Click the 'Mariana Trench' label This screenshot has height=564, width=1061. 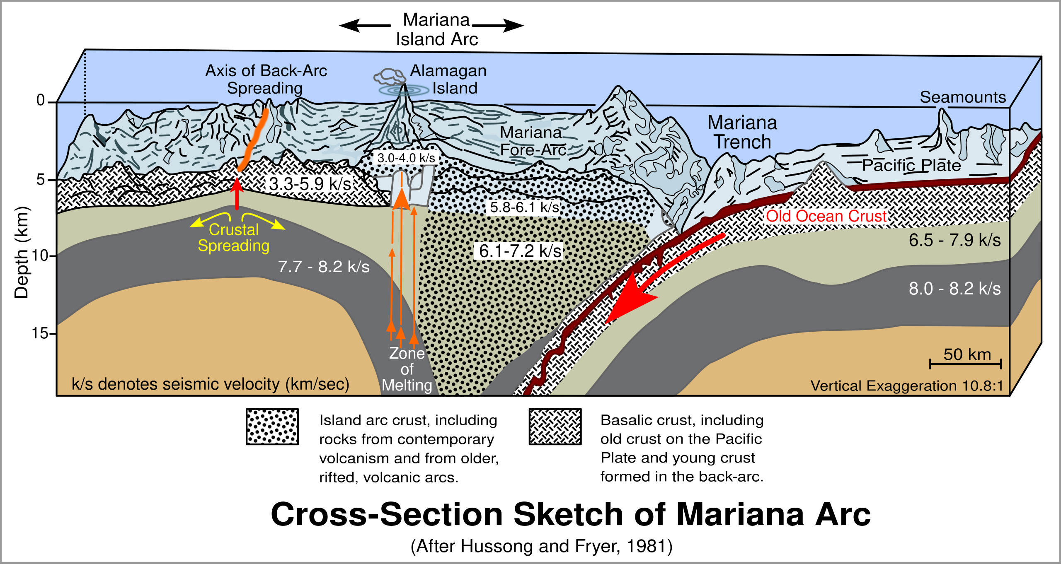coord(742,132)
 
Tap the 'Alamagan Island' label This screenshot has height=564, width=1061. coord(448,80)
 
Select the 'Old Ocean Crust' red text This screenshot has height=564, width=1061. coord(826,216)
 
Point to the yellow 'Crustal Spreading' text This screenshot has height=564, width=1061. coord(234,237)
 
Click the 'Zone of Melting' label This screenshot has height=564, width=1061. coord(407,369)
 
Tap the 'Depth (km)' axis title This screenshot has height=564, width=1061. coord(22,253)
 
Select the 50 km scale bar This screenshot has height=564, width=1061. coord(965,364)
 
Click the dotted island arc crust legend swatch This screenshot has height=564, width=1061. coord(272,427)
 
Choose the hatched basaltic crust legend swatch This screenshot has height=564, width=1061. coord(555,427)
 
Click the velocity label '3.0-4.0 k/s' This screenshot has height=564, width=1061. coord(406,158)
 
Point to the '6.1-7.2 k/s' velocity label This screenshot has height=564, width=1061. coord(520,251)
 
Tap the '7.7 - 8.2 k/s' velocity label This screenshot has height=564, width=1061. coord(323,267)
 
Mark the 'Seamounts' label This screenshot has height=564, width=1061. coord(963,97)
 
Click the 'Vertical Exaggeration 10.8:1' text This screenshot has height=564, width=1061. coord(907,386)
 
